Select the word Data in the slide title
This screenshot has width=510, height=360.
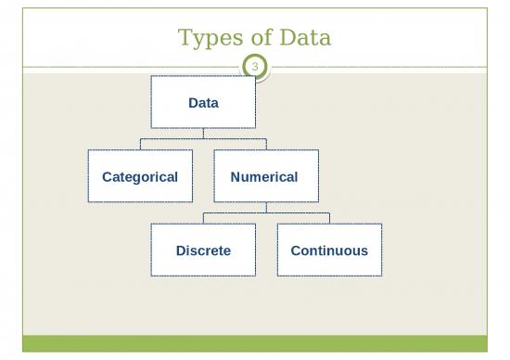(305, 38)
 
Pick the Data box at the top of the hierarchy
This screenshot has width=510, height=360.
(203, 102)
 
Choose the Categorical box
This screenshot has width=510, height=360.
(140, 176)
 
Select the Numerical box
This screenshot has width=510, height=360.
(265, 176)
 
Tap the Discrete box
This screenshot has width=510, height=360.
(203, 251)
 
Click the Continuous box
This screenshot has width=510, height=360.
(329, 251)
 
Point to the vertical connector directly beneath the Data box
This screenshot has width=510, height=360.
(203, 134)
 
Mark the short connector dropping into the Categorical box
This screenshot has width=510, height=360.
(140, 144)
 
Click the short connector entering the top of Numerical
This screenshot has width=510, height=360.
(266, 144)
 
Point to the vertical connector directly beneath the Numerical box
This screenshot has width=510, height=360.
(266, 208)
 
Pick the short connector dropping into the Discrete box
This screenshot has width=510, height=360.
(203, 218)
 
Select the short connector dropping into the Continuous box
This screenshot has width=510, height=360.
(329, 218)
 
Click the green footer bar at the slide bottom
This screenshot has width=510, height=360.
(254, 343)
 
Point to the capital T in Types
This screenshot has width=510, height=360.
(184, 38)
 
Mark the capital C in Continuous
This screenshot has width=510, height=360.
(296, 251)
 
